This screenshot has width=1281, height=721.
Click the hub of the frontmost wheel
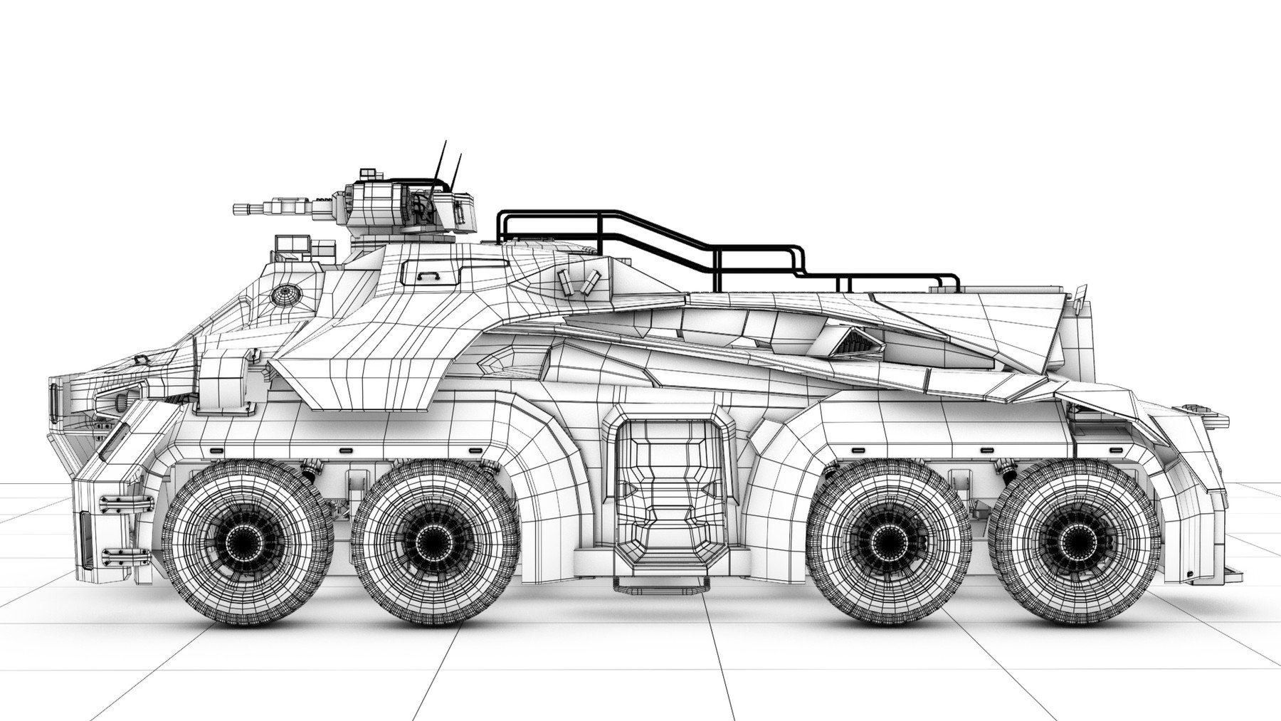[247, 543]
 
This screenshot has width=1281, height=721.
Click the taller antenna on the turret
[441, 160]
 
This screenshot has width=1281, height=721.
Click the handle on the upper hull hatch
[428, 273]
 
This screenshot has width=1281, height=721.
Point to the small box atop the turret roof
[368, 173]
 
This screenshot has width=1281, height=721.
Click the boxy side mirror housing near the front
[222, 384]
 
